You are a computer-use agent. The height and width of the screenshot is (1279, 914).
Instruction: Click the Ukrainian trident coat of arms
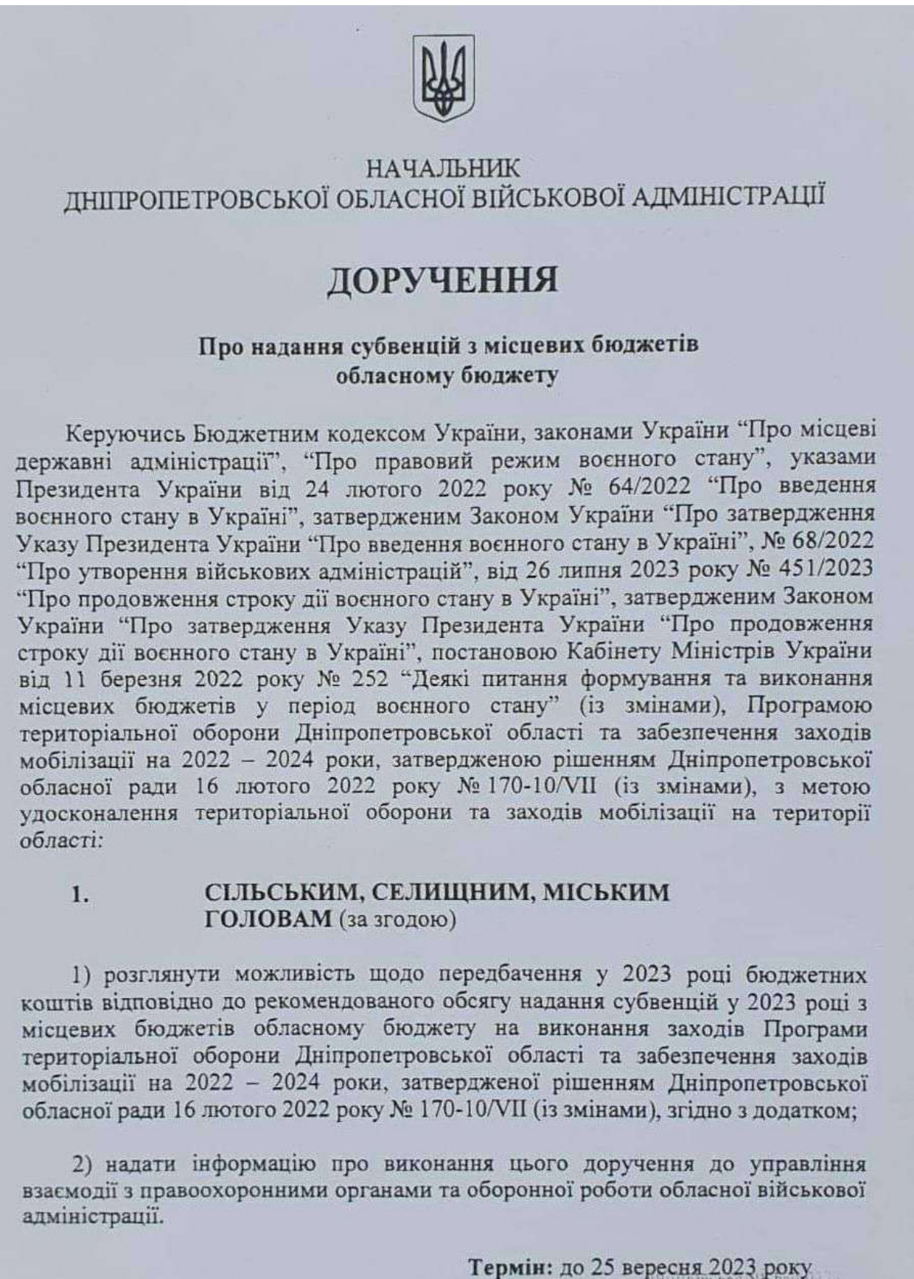click(442, 80)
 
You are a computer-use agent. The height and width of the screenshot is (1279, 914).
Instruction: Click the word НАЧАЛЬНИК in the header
click(442, 169)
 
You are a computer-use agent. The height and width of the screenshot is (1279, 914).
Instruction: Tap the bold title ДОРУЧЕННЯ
click(442, 282)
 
